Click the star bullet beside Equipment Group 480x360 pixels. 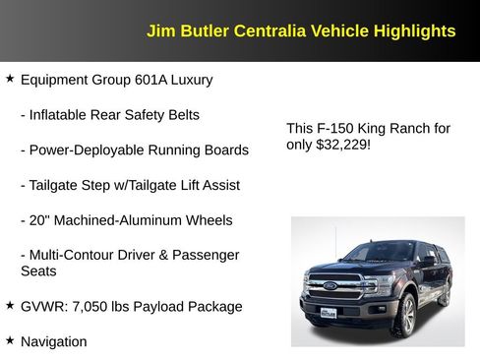point(10,78)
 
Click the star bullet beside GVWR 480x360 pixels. point(10,305)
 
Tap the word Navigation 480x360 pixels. point(54,341)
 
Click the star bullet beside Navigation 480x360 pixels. point(10,339)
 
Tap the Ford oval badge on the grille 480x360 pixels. point(330,286)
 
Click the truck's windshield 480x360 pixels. point(380,252)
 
